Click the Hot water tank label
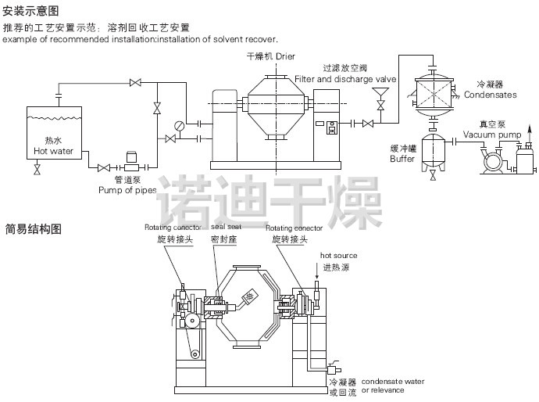point(53,151)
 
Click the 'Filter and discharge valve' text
point(345,79)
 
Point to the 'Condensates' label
point(491,95)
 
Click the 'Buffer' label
point(402,158)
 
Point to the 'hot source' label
point(339,256)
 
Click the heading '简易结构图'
point(33,229)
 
